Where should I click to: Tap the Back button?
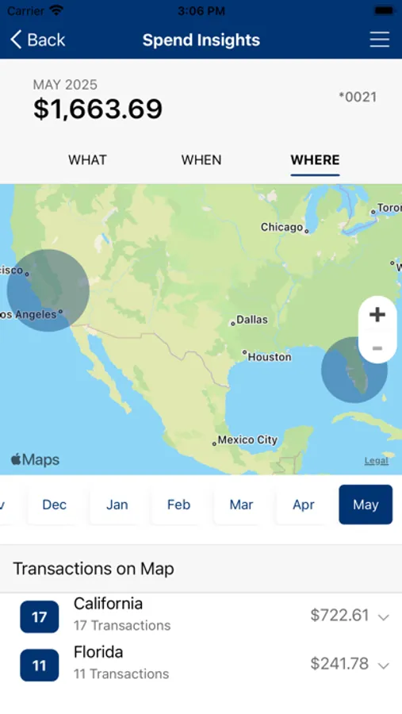tap(37, 40)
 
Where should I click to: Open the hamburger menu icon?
tap(380, 40)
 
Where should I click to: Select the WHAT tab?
tap(87, 159)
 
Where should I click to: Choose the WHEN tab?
tap(201, 159)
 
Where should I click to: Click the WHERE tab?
tap(315, 159)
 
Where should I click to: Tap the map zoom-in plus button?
tap(377, 314)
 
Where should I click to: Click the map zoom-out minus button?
tap(377, 348)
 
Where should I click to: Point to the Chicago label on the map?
tap(282, 227)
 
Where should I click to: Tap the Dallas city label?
tap(251, 320)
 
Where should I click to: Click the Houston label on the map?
tap(269, 357)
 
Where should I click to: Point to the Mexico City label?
tap(247, 440)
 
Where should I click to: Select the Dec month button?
tap(55, 505)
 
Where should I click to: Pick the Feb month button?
tap(179, 505)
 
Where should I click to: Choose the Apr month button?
tap(304, 505)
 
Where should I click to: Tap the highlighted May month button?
tap(366, 505)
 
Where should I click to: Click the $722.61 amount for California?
tap(340, 615)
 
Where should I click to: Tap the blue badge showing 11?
tap(40, 666)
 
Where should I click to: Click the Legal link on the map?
tap(376, 461)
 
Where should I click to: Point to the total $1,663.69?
tap(98, 109)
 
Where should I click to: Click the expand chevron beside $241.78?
tap(384, 666)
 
